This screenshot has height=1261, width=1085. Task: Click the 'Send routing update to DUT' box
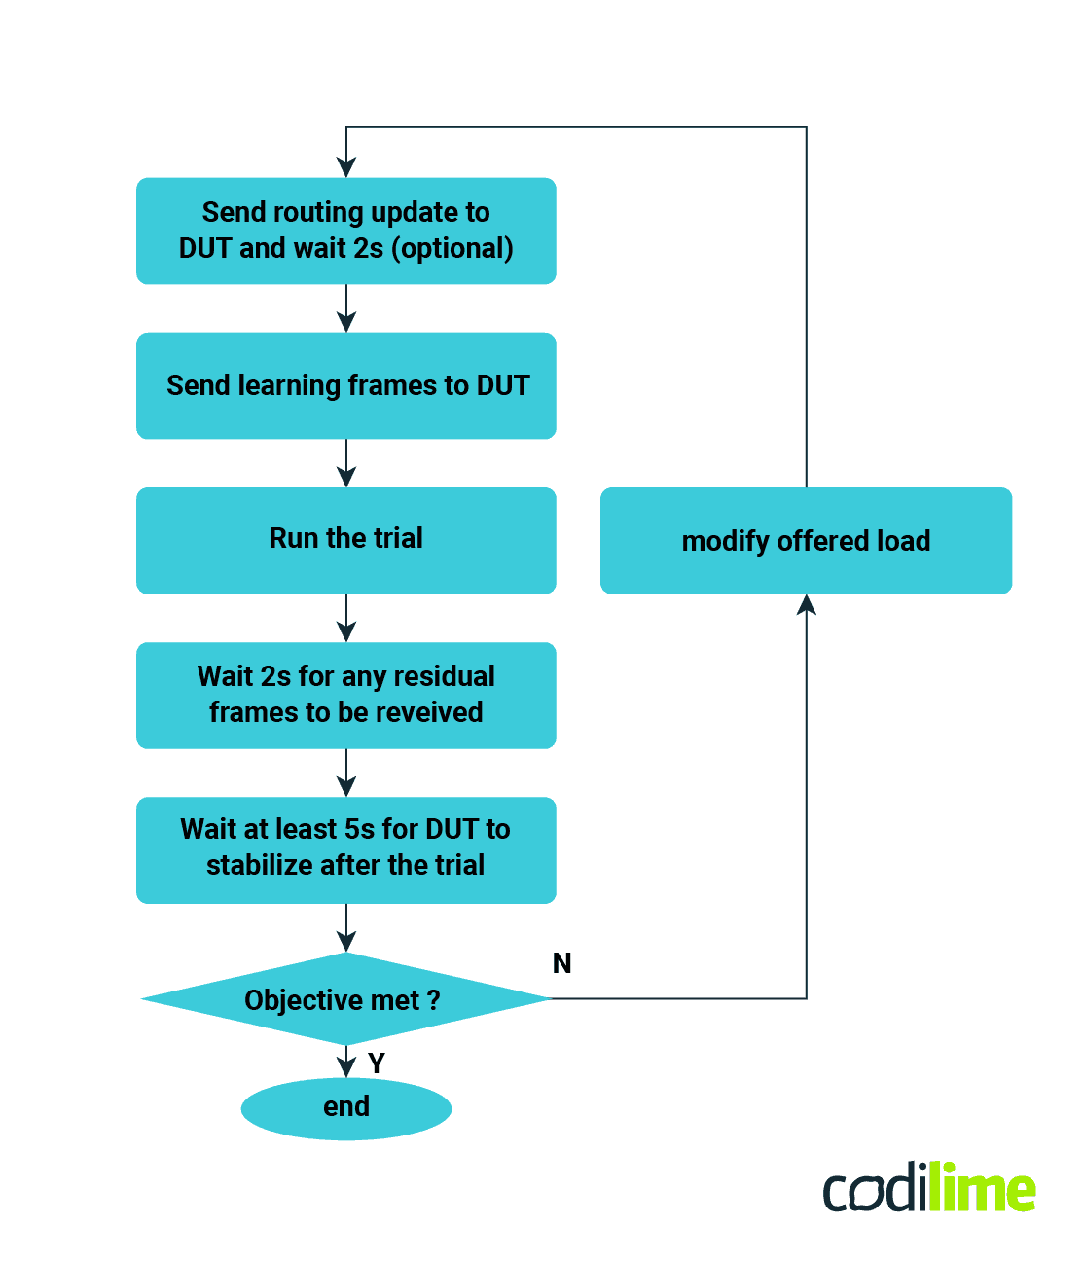click(345, 231)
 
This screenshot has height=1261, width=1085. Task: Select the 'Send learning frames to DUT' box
click(345, 386)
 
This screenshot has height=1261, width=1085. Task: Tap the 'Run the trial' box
click(345, 540)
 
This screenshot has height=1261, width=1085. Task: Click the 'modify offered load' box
click(806, 541)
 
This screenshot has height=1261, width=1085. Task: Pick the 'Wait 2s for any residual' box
click(345, 695)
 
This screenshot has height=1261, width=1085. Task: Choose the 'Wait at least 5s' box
click(345, 849)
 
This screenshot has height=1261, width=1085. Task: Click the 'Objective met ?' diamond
click(345, 999)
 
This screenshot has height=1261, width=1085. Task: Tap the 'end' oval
click(345, 1107)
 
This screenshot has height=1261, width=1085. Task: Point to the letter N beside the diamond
click(561, 963)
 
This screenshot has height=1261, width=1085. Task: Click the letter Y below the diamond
click(377, 1063)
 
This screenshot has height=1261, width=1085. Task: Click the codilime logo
click(929, 1188)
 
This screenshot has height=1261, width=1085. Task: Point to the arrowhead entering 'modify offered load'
click(806, 605)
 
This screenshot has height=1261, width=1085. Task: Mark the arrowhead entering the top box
click(345, 167)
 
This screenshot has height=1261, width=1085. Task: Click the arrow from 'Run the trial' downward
click(345, 618)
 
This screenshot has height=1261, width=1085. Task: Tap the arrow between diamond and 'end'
click(345, 1062)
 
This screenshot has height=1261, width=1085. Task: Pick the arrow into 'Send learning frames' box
click(345, 309)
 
